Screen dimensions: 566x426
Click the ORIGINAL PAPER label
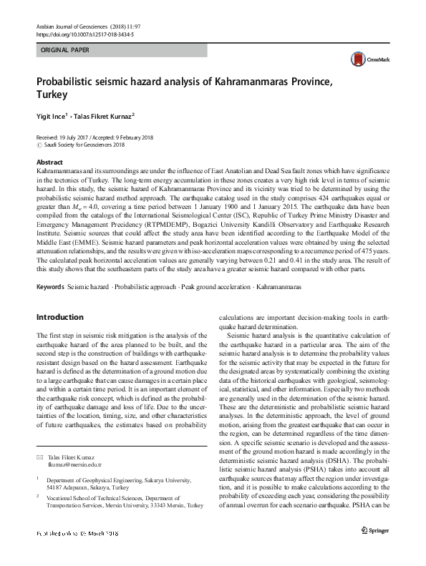pos(66,51)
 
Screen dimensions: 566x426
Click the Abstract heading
pos(49,162)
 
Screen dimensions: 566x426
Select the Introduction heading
pos(59,316)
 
